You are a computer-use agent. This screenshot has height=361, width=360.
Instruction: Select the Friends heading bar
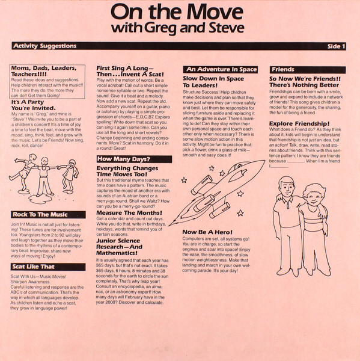[x=282, y=69]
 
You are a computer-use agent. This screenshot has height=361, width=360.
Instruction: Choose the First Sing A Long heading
[x=132, y=73]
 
